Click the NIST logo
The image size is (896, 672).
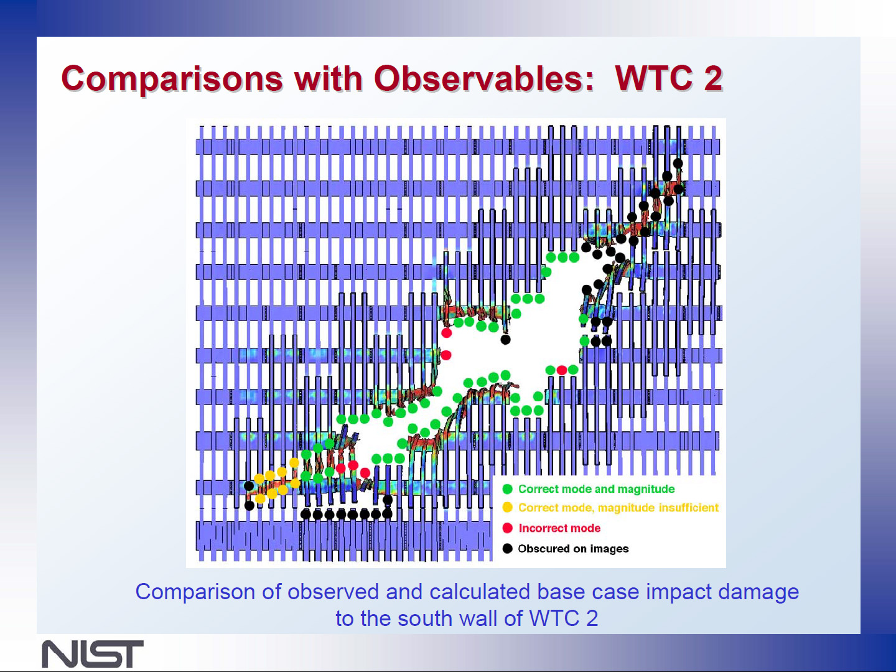point(93,653)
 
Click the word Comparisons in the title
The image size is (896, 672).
point(172,79)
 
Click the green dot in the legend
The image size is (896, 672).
point(507,489)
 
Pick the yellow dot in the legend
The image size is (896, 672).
point(507,508)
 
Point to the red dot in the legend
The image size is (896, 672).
point(507,528)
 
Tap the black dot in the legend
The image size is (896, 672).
point(507,548)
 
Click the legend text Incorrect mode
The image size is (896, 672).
point(559,528)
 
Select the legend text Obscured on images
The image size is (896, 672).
point(573,549)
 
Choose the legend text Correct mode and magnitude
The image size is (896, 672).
point(596,489)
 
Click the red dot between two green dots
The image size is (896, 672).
point(562,370)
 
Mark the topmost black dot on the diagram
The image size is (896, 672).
point(678,163)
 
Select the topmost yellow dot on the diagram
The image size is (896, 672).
point(294,462)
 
